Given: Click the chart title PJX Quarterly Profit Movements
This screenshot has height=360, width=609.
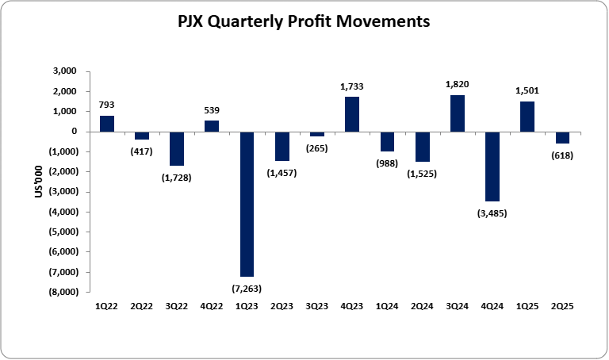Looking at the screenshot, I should pyautogui.click(x=304, y=22).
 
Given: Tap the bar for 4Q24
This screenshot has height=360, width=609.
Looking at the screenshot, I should pyautogui.click(x=492, y=167).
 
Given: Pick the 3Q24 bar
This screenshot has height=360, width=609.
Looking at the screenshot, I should pyautogui.click(x=458, y=113).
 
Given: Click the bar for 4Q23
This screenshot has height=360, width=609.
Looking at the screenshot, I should pyautogui.click(x=352, y=114).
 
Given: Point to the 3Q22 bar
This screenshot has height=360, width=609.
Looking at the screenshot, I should pyautogui.click(x=177, y=148).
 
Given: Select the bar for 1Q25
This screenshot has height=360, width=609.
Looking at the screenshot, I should pyautogui.click(x=527, y=117).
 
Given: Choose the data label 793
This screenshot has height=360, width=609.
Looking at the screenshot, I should pyautogui.click(x=107, y=104).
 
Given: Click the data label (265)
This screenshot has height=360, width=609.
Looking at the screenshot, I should pyautogui.click(x=317, y=148).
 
